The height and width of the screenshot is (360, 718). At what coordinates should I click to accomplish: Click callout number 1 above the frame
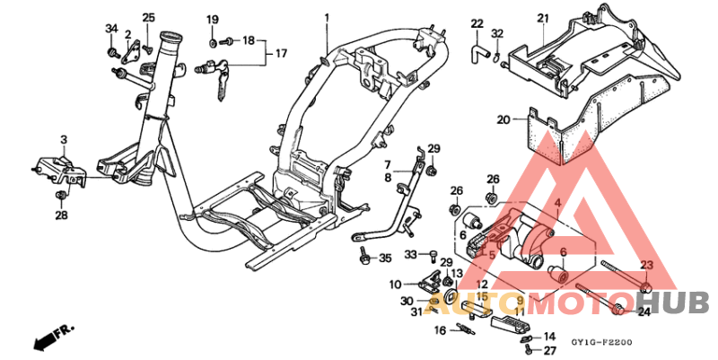[327, 18]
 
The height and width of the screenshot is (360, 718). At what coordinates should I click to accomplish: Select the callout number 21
[542, 18]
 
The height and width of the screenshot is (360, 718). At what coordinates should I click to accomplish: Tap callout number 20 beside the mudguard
[503, 119]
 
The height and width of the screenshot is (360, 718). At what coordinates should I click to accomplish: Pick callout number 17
[281, 54]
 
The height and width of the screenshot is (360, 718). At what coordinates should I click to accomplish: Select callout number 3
[64, 139]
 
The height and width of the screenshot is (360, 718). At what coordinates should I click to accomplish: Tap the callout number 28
[61, 215]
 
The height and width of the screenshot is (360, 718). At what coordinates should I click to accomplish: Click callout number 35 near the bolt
[385, 259]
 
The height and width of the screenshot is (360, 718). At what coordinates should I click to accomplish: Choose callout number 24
[644, 312]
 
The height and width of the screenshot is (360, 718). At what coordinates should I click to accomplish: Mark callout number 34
[111, 30]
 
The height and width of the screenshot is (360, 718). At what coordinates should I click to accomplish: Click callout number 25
[148, 18]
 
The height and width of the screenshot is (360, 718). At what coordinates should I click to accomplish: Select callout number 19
[213, 20]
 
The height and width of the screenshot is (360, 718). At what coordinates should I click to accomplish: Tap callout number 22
[477, 23]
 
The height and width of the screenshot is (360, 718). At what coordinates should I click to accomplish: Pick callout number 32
[497, 34]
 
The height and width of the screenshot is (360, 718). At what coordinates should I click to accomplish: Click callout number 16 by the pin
[440, 330]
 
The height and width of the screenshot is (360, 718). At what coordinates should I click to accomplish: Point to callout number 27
[549, 351]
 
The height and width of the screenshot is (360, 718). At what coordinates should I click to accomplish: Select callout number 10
[394, 285]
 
